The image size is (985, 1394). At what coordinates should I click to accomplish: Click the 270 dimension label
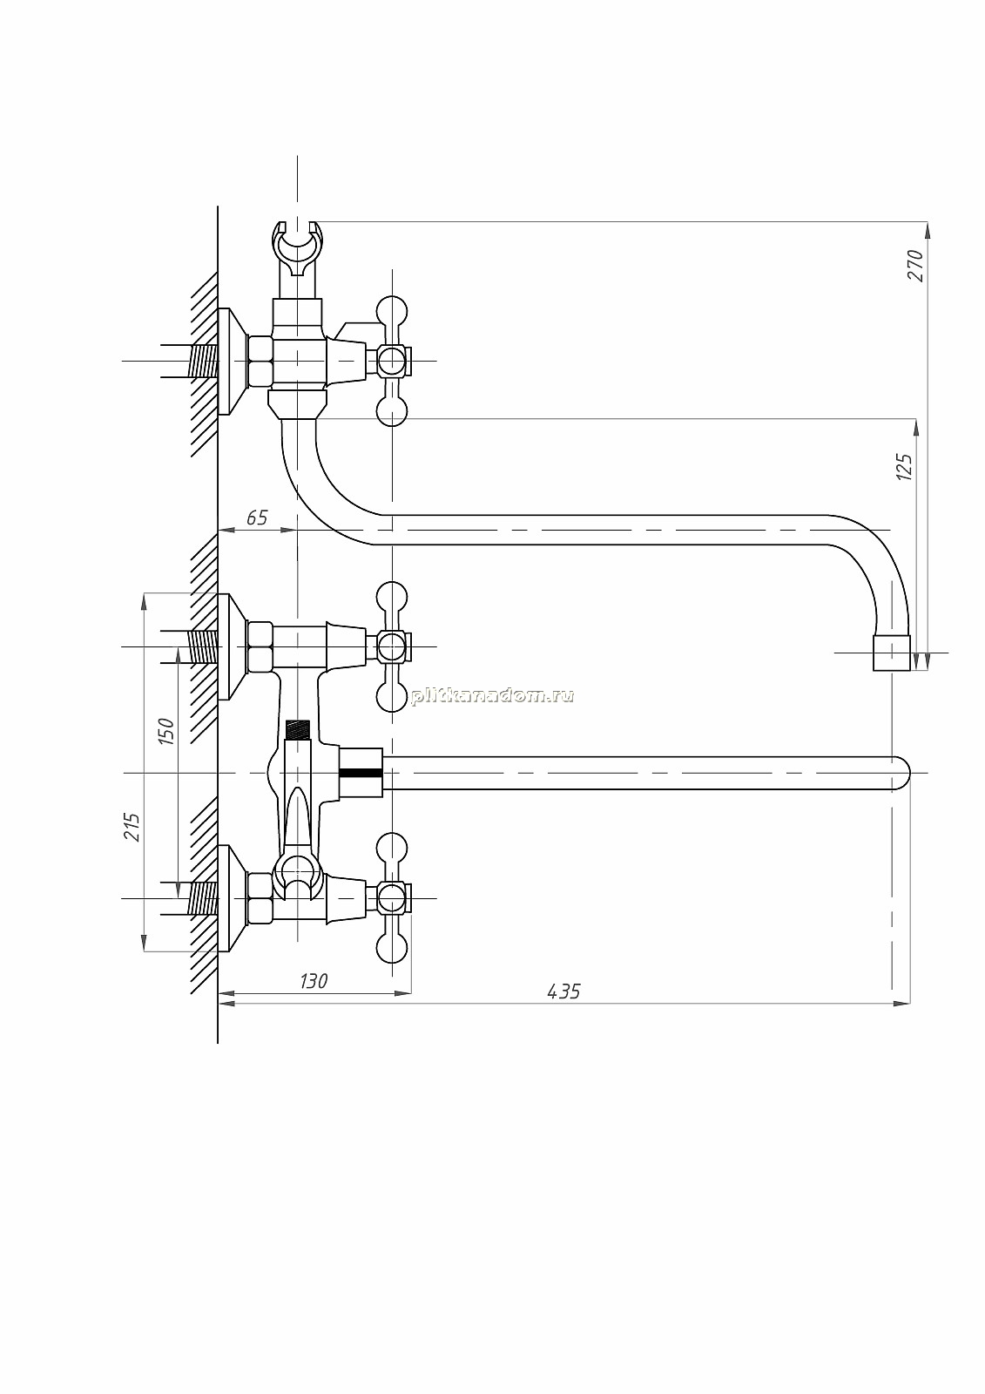[916, 266]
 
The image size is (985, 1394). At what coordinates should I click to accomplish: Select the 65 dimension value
[257, 518]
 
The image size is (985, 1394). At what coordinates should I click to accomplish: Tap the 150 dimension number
[165, 731]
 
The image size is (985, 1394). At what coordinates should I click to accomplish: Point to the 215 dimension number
[132, 827]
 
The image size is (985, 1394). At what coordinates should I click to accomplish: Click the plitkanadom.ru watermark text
[492, 696]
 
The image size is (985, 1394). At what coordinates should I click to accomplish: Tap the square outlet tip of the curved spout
[891, 653]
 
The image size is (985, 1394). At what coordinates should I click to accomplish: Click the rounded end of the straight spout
[901, 773]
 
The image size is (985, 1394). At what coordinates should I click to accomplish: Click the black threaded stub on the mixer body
[298, 729]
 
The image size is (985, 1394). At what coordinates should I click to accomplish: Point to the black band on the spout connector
[361, 773]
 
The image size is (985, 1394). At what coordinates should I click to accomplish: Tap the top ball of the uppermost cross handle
[392, 310]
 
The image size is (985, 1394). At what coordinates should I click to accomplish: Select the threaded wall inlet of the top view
[203, 361]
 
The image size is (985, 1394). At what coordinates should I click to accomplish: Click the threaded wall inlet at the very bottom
[203, 898]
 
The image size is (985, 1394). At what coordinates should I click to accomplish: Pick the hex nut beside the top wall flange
[260, 361]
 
